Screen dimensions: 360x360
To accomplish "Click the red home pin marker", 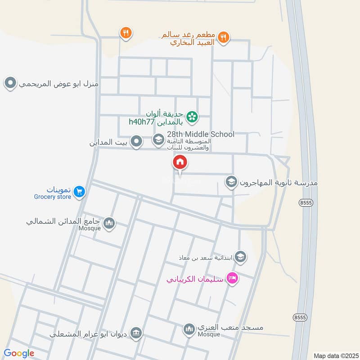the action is click(180, 162).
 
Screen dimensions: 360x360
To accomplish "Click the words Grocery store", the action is click(53, 197).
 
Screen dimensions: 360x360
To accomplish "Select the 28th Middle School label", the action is click(201, 134).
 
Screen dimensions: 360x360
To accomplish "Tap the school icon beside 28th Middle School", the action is click(158, 140).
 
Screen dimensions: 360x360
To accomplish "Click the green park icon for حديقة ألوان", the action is click(192, 117).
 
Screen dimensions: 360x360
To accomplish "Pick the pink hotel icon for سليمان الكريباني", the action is click(232, 278).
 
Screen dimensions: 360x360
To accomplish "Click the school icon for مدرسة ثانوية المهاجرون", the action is click(231, 182).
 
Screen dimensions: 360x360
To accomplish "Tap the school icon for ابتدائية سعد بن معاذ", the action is click(241, 256).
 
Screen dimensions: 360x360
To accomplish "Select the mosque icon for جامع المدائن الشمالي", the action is click(109, 223).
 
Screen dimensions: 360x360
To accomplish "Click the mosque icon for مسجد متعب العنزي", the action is click(189, 330).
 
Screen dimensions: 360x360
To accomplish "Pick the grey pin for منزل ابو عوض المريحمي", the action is click(10, 83).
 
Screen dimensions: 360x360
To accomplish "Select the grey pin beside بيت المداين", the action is click(137, 142).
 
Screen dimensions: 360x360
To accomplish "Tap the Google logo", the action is click(19, 353).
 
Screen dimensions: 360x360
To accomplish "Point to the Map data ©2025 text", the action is click(335, 355).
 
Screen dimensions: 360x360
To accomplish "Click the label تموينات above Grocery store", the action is click(52, 189).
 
